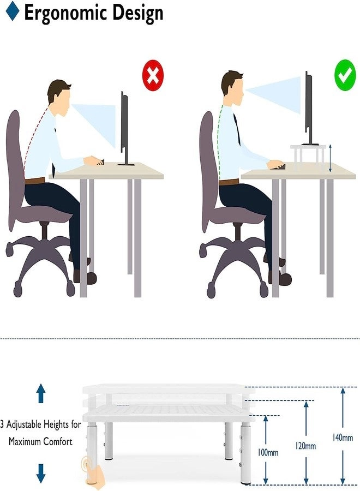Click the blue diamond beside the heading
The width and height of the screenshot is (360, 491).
point(11,11)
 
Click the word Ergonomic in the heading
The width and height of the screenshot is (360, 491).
point(66,13)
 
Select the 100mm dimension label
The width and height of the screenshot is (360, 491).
point(268,453)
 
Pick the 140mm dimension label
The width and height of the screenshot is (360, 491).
point(342,437)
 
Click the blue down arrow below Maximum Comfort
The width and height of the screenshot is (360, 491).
point(41,472)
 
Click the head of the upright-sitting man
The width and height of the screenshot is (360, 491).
point(232,85)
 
